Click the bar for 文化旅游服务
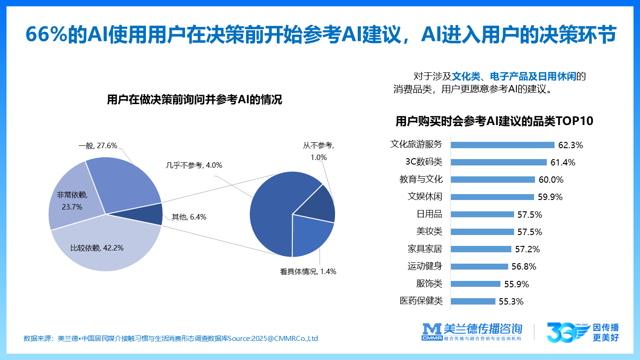(502, 145)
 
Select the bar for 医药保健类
(473, 301)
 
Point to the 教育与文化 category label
(421, 180)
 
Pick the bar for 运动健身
(479, 267)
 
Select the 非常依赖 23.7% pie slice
(68, 200)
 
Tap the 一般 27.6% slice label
(98, 146)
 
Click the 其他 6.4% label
(189, 217)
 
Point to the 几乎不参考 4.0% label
(194, 165)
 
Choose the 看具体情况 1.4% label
(308, 272)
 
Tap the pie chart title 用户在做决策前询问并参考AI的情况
(194, 100)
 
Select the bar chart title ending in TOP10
(495, 121)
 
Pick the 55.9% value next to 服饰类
(516, 285)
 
